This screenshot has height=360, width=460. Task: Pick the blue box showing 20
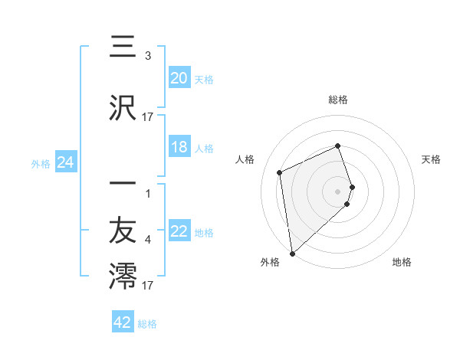coord(179,77)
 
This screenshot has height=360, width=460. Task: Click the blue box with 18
coord(179,148)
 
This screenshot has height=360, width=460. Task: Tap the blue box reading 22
coord(179,232)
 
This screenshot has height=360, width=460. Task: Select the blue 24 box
coord(66,162)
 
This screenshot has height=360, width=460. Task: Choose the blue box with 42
coord(123,322)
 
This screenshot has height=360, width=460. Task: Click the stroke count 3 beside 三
coord(147,56)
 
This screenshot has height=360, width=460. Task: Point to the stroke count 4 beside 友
coord(147,240)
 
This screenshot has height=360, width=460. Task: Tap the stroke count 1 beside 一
coord(147,192)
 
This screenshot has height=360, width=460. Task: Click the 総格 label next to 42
coord(147,324)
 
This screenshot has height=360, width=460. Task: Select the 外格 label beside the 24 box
coord(41,163)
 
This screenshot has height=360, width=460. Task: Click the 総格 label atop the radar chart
coord(338,100)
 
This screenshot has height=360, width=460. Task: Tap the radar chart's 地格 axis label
coord(402,262)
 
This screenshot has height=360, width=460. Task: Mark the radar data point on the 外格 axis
coord(292,253)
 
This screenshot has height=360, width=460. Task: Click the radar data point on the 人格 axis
coord(280,172)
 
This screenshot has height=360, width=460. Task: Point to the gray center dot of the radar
coord(338,191)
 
